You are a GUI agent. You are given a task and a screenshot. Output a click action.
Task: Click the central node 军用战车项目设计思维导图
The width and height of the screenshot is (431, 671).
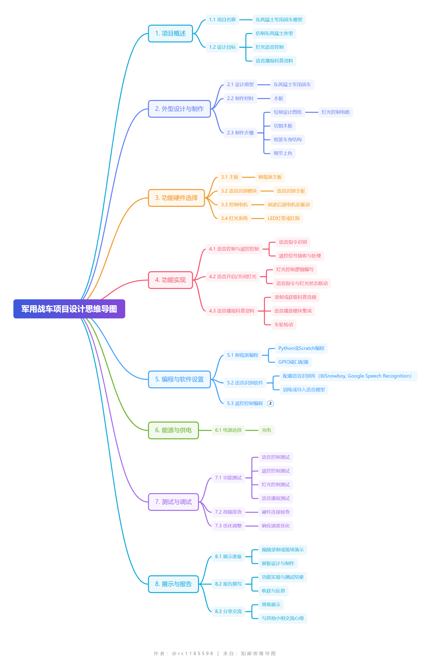(69, 309)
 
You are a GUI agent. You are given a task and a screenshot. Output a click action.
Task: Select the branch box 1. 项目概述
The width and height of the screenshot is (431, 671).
(170, 34)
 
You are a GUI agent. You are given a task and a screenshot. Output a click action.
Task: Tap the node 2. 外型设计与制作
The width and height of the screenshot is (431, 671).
(179, 109)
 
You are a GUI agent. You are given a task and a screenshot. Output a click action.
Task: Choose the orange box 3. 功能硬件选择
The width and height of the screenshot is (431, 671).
(176, 198)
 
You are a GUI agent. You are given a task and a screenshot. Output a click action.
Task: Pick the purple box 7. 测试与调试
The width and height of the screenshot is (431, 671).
(173, 502)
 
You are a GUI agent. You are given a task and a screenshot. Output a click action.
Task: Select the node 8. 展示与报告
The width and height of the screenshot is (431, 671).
(173, 584)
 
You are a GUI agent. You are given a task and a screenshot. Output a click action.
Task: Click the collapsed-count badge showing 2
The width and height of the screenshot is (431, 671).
(270, 403)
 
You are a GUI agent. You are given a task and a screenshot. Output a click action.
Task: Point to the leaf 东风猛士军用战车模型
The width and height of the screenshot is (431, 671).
(279, 19)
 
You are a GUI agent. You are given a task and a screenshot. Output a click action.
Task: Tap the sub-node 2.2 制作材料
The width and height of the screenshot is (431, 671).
(240, 98)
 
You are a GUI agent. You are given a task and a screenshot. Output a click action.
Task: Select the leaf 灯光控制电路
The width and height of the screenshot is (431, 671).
(335, 112)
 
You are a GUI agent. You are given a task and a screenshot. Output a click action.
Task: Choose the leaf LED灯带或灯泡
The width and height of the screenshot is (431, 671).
(283, 218)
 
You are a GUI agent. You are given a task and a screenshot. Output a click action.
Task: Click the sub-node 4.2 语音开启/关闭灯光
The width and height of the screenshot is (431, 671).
(233, 276)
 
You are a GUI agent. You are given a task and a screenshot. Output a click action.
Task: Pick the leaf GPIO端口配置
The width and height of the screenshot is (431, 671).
(293, 362)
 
